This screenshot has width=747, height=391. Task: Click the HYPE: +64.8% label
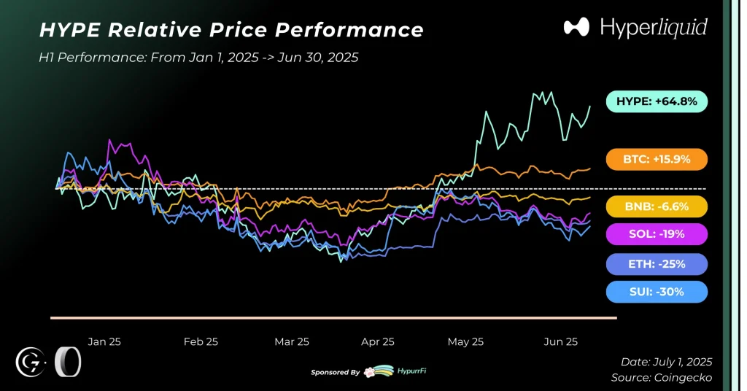point(657,101)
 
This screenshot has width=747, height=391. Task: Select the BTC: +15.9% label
point(657,159)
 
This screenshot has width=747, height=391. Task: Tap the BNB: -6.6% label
point(657,206)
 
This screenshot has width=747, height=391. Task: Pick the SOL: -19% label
point(657,234)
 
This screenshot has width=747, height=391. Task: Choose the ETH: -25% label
point(657,263)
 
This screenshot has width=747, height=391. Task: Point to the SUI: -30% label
point(657,292)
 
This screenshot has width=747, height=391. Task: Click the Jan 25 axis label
point(104,341)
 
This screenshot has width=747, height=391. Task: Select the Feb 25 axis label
point(201,341)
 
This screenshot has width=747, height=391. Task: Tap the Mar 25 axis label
point(292,341)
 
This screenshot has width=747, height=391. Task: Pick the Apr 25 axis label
point(378,341)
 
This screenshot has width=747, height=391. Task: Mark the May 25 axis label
point(465,341)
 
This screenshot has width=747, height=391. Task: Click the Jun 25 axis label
point(562,341)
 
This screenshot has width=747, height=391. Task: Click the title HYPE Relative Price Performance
point(231,30)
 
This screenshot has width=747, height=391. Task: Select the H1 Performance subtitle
point(198,57)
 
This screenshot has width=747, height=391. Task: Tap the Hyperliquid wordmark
point(654,28)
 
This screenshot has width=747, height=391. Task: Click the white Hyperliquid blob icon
point(576,28)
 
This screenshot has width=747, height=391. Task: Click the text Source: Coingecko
point(662,378)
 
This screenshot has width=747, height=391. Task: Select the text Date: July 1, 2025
point(666,362)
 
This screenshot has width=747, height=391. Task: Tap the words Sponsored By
point(335,372)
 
